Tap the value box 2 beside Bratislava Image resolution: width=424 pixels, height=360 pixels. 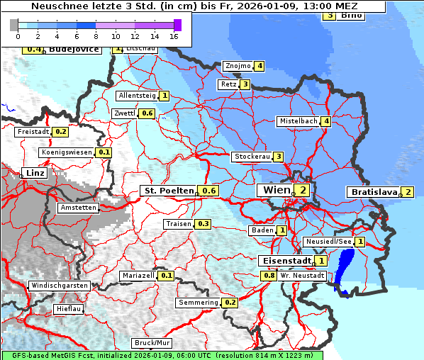coord(408,192)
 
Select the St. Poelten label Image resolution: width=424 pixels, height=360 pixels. coord(169,191)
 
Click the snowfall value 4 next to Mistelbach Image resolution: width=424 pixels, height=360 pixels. coord(325,121)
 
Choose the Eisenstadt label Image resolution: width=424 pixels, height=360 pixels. coord(286,261)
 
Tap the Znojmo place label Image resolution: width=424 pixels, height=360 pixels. coord(237,66)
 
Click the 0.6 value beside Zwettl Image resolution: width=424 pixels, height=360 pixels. coord(147,113)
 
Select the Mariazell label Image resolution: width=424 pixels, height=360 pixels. coord(138,275)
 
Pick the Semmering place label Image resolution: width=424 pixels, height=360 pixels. coord(199,303)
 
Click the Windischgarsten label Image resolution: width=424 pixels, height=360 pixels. coord(59,286)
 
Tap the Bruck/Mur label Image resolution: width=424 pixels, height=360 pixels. coord(152,343)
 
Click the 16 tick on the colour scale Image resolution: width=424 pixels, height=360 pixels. coord(174,35)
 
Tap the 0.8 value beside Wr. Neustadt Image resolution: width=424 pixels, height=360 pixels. coord(269,275)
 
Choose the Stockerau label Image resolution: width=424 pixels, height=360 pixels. coord(252,157)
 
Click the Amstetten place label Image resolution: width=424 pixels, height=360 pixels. coord(78,208)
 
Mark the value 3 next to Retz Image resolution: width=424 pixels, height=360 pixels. coord(245,84)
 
